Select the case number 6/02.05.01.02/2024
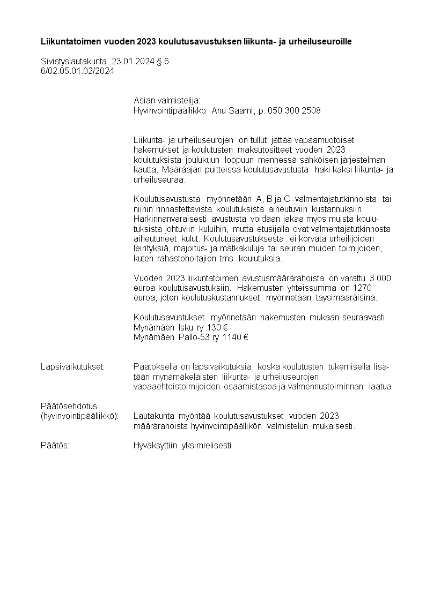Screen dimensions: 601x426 pyautogui.click(x=77, y=70)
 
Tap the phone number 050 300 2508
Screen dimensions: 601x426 pyautogui.click(x=298, y=111)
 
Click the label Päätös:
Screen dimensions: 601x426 pyautogui.click(x=55, y=446)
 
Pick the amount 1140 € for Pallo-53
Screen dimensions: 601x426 pyautogui.click(x=236, y=337)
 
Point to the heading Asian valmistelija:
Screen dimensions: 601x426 pyautogui.click(x=166, y=101)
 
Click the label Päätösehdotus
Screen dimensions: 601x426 pyautogui.click(x=69, y=406)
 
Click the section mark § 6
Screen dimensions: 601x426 pyautogui.click(x=163, y=62)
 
